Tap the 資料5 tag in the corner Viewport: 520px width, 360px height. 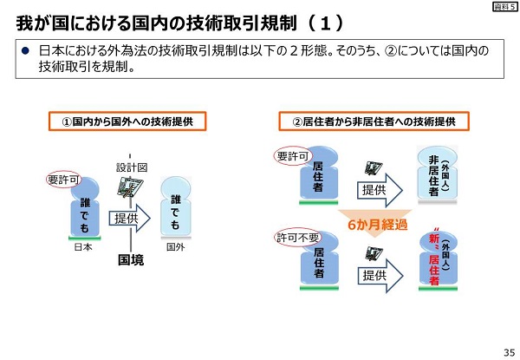tap(503, 7)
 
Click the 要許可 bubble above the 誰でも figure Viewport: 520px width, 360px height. tap(62, 180)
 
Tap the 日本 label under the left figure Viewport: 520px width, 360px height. tap(83, 245)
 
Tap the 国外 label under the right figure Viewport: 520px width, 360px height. tap(175, 245)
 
